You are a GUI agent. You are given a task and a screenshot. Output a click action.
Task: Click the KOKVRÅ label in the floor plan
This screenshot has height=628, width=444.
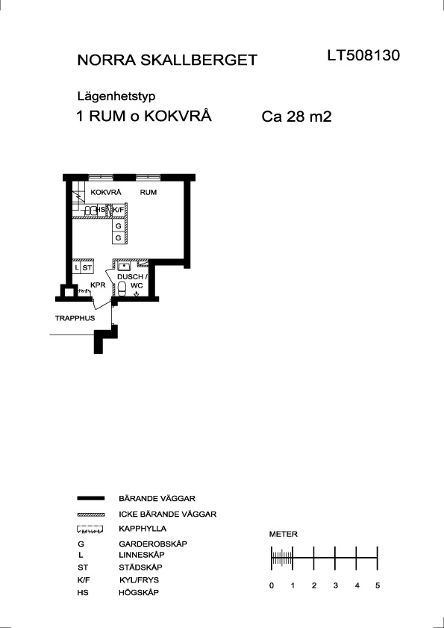point(106,192)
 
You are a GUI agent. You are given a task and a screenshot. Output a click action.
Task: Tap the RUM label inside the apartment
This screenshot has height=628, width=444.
point(148,192)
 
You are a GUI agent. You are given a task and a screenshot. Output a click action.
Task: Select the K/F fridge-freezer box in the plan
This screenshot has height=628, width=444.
point(118,210)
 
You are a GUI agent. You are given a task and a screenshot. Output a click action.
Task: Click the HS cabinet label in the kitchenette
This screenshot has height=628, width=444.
point(101,210)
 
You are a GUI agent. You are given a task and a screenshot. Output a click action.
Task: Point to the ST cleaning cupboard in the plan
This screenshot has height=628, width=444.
point(87,267)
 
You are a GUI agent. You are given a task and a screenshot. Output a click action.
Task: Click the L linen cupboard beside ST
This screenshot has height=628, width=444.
point(77,267)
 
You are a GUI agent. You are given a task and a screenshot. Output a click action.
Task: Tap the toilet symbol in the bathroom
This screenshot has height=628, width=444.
point(122,288)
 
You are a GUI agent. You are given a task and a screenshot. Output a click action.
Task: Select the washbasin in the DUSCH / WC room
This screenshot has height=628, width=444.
point(125,266)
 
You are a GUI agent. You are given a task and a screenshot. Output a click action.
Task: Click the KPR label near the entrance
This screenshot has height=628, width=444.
point(98,285)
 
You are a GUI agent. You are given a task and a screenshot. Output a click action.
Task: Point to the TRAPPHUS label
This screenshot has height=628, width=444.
point(75,318)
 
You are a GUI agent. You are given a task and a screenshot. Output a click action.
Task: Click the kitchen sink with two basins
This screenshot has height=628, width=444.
point(90,210)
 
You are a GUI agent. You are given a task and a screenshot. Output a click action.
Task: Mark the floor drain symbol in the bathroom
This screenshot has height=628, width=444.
point(137,294)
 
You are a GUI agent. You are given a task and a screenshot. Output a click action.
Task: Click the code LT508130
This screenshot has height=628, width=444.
point(363,55)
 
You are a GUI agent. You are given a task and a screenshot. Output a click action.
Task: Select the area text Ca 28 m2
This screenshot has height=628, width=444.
point(297,117)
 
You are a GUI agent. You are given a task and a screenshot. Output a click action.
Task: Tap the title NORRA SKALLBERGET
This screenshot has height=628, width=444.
point(167,60)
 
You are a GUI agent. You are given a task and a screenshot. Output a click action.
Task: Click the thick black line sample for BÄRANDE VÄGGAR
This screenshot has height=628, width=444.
point(91,498)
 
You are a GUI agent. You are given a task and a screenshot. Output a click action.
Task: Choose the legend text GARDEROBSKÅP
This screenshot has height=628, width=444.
point(153,544)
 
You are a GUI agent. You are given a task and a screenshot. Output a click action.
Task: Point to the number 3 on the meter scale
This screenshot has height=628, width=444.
point(336,585)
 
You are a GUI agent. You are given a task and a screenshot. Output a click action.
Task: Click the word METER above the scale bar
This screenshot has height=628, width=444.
point(284,534)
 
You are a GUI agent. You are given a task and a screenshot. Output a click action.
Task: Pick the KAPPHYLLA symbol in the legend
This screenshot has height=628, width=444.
point(91,529)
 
